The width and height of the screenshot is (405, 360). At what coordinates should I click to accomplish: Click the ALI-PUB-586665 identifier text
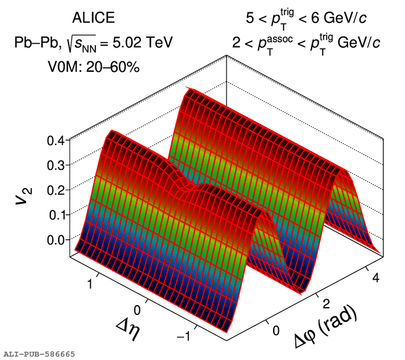[x=39, y=353]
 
